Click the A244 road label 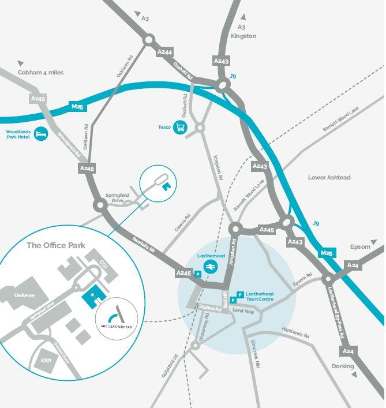tap(164, 53)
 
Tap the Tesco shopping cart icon tap(181, 128)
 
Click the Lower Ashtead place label tap(329, 177)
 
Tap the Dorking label tap(343, 366)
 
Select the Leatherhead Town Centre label tap(260, 297)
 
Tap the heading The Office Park tap(56, 245)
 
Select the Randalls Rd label tap(143, 246)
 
